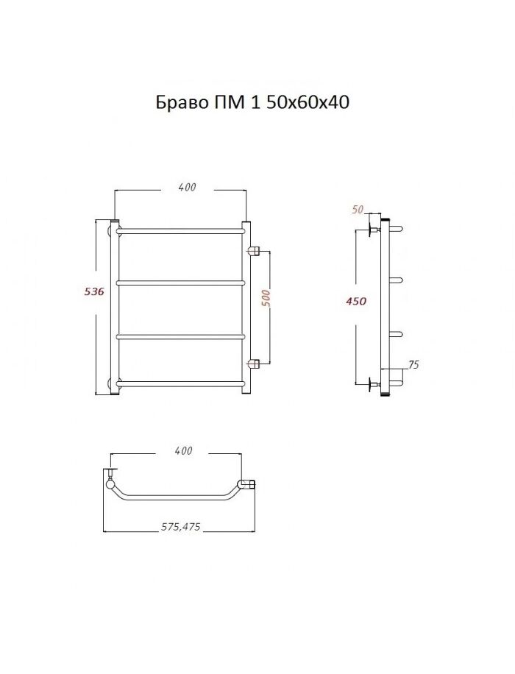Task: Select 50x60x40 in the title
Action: click(308, 102)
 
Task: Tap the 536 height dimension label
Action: click(95, 291)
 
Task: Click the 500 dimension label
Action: click(266, 298)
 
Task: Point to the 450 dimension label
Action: click(356, 302)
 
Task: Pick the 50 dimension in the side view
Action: click(358, 210)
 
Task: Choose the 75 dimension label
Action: click(413, 365)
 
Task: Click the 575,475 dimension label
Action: click(180, 527)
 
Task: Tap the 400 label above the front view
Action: click(187, 187)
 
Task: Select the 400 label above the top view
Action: click(183, 451)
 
